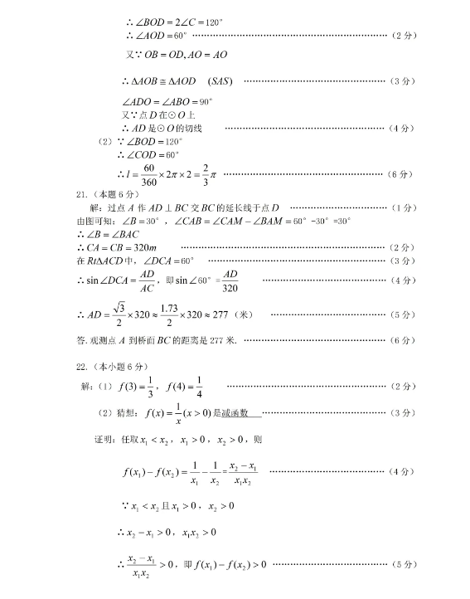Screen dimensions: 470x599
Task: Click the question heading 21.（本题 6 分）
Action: tap(99, 193)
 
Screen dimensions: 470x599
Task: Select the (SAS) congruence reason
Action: tap(221, 80)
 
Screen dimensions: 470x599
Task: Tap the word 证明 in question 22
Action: tap(104, 439)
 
